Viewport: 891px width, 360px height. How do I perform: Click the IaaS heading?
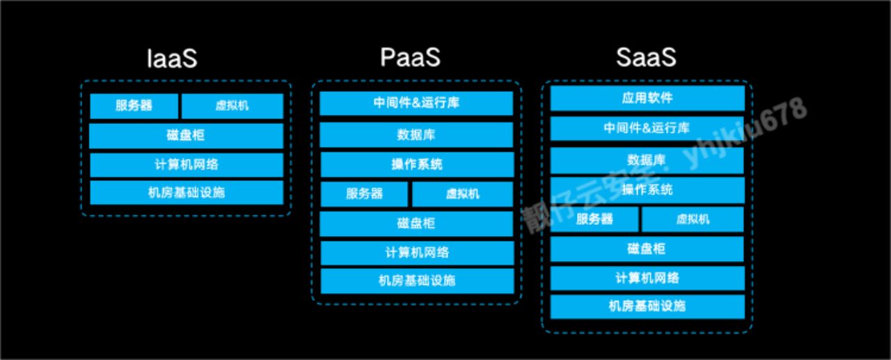click(172, 58)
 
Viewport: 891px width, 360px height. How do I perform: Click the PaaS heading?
click(410, 58)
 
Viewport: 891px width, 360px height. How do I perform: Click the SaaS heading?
click(645, 58)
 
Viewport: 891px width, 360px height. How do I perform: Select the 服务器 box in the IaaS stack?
click(134, 106)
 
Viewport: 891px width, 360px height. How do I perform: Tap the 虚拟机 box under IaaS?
click(232, 106)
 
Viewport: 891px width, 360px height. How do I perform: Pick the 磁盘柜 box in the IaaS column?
click(186, 135)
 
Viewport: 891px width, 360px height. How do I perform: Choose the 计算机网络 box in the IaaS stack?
click(186, 164)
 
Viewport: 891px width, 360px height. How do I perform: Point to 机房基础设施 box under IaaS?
click(186, 192)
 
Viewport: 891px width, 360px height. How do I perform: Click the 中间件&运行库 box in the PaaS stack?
click(416, 103)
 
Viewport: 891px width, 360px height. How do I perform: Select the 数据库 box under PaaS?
click(416, 134)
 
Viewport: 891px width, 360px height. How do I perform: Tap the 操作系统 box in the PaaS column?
click(416, 164)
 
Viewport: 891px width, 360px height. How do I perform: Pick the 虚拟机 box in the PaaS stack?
click(462, 194)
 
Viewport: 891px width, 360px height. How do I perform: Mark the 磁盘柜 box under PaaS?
click(416, 224)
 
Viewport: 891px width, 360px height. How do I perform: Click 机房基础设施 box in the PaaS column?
click(416, 281)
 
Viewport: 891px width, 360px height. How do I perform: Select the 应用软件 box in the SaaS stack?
click(647, 98)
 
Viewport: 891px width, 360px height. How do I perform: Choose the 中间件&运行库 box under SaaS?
click(647, 128)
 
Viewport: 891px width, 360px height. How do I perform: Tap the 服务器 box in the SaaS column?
click(594, 219)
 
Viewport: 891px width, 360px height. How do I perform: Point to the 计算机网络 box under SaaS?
click(647, 278)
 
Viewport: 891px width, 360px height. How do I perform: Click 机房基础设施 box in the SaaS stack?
click(647, 306)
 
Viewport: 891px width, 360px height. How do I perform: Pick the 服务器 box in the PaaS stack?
click(364, 194)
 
